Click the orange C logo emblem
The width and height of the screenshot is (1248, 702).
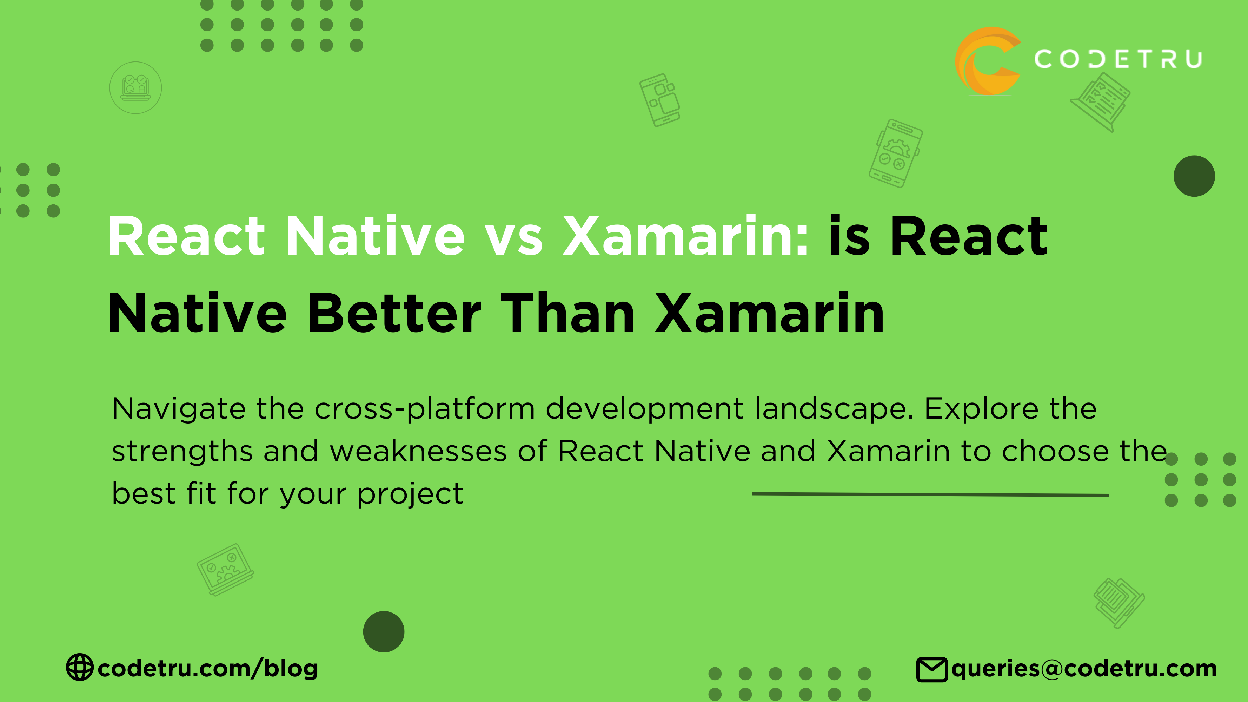[x=988, y=61]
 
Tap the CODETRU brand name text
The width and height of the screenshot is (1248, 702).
[x=1118, y=59]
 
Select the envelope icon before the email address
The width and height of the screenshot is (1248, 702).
[x=931, y=670]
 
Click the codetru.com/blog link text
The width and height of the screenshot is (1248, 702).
[x=208, y=668]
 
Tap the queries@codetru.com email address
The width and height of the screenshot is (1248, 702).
[x=1084, y=669]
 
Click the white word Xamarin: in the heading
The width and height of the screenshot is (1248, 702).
[x=685, y=236]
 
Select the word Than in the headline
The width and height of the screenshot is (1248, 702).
[x=567, y=314]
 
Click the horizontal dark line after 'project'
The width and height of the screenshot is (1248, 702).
[x=930, y=494]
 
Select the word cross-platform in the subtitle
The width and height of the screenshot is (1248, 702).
[x=424, y=409]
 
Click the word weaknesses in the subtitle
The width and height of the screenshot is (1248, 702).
[x=419, y=451]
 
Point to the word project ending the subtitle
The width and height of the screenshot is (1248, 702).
[x=410, y=494]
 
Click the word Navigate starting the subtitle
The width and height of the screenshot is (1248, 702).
[x=179, y=409]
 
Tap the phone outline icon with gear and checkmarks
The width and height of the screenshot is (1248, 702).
[x=895, y=153]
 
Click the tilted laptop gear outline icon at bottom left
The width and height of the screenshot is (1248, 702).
[x=225, y=569]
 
